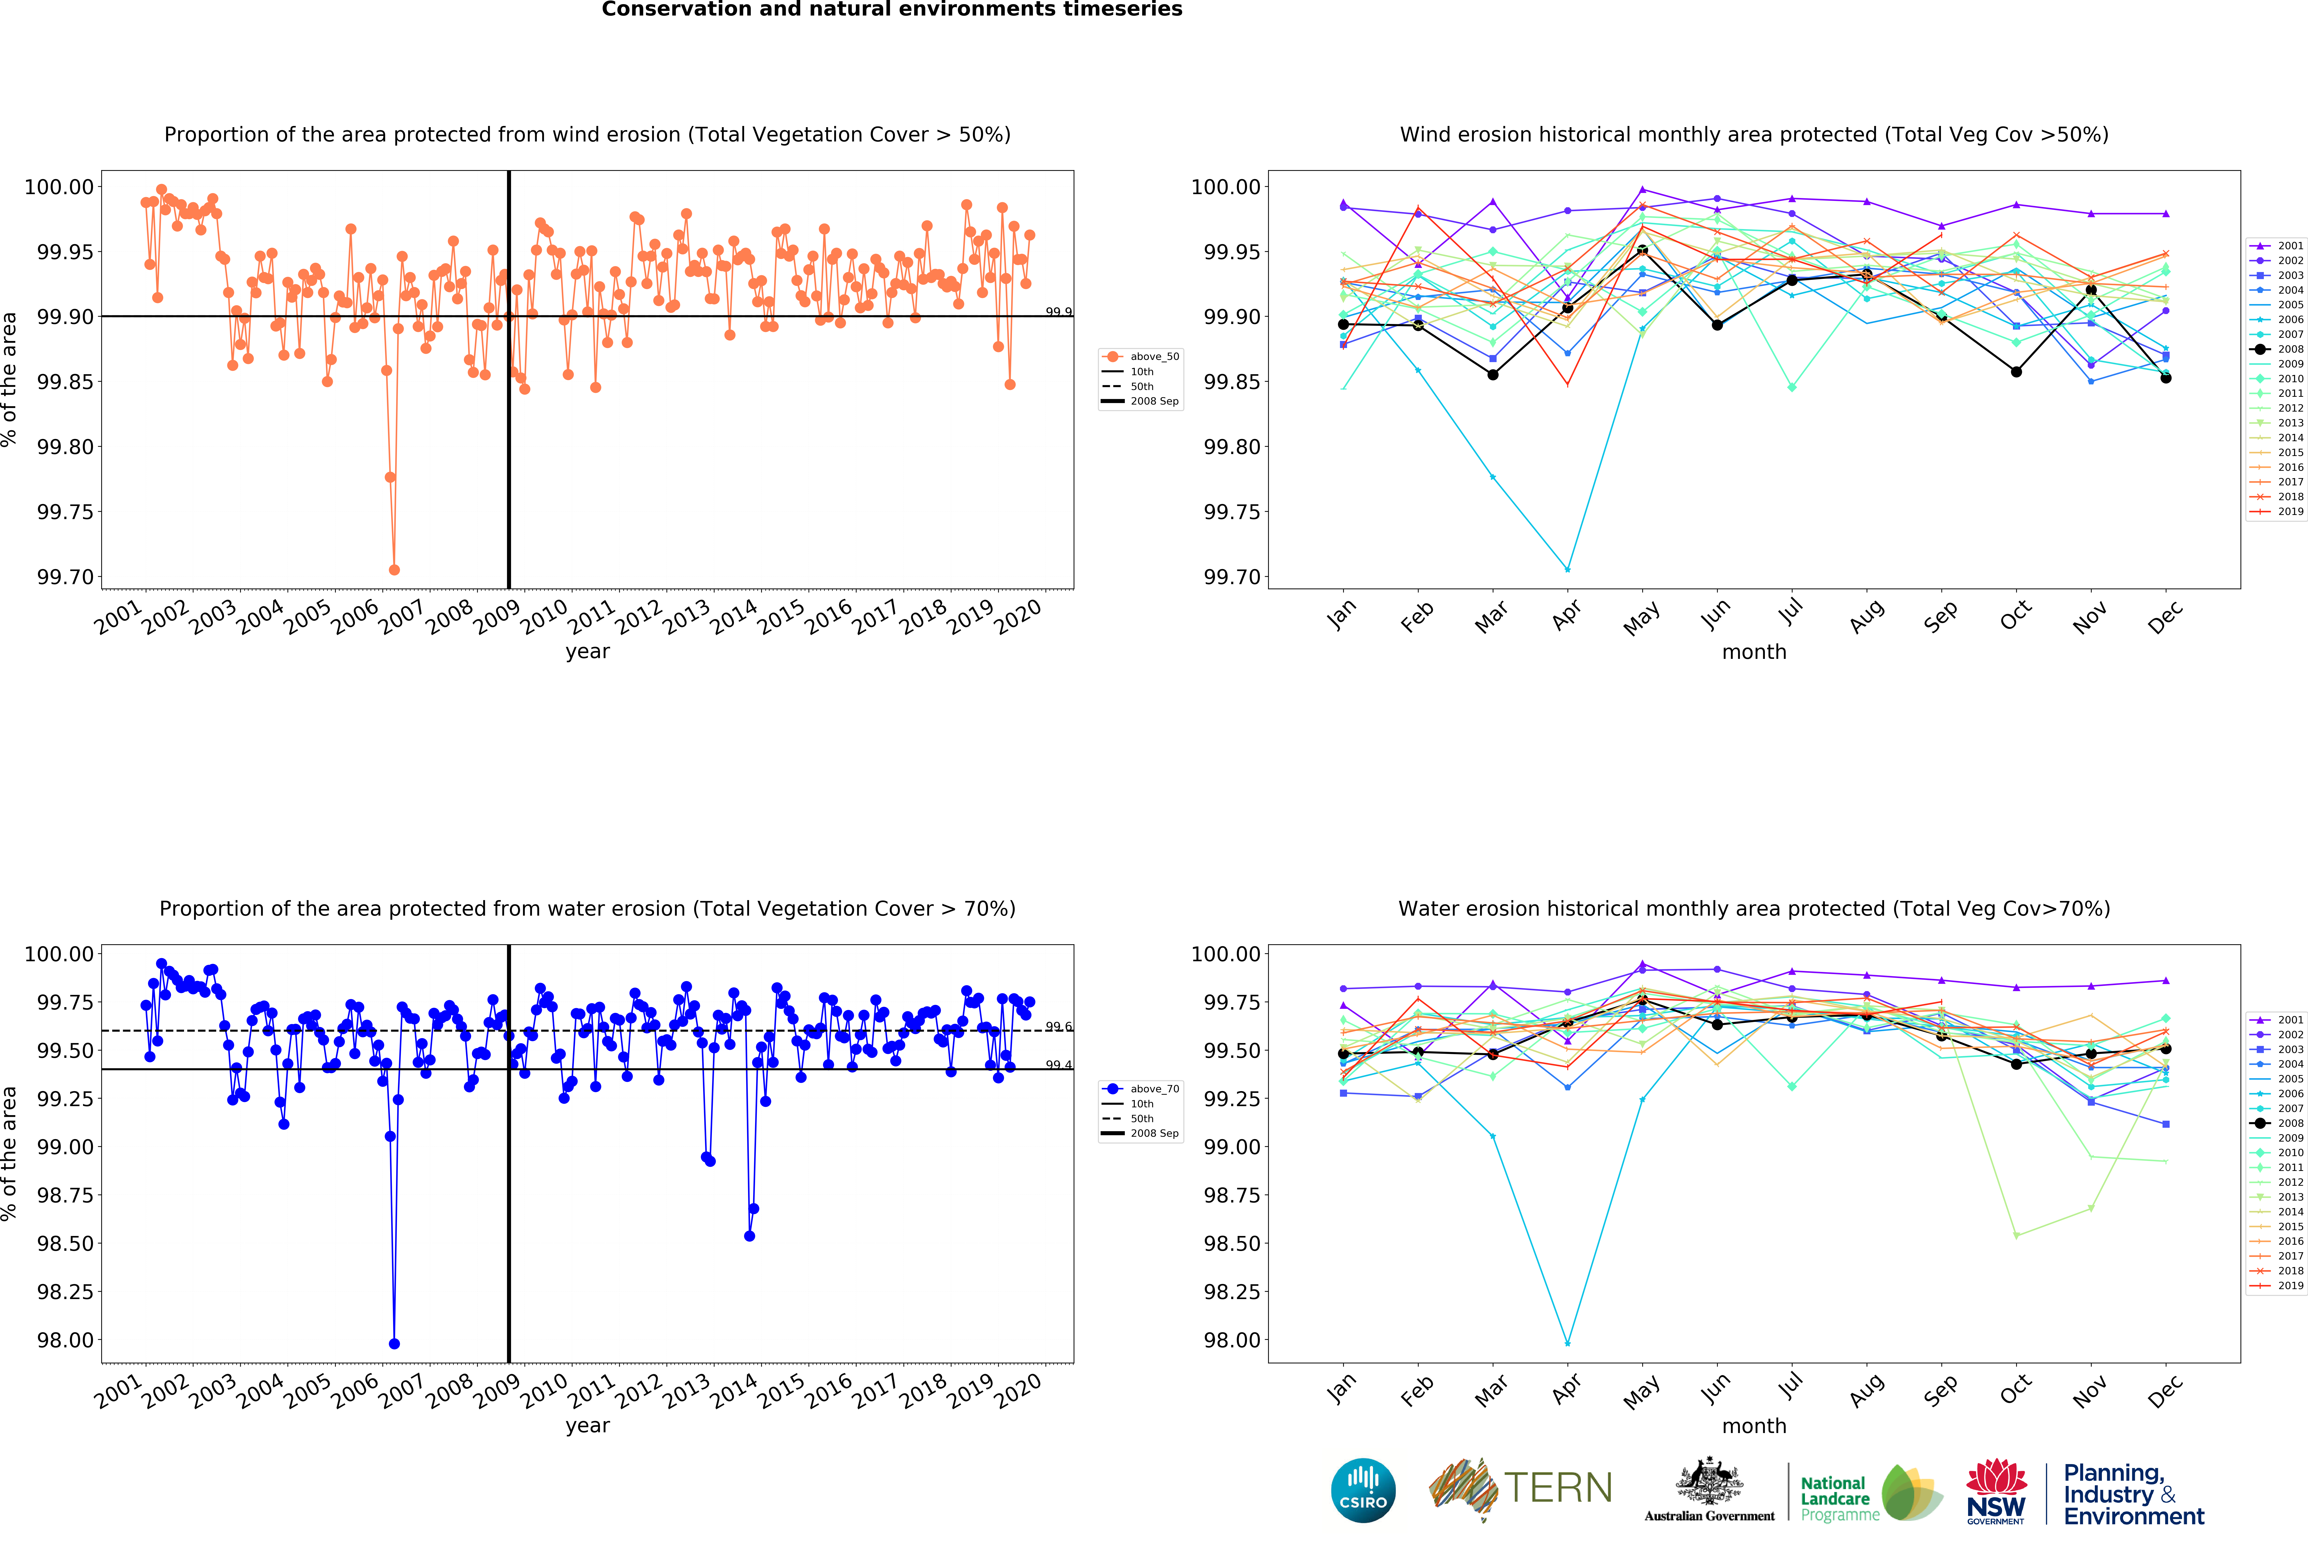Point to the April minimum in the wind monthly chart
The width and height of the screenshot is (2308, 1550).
point(1567,569)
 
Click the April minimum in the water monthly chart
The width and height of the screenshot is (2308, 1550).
point(1567,1343)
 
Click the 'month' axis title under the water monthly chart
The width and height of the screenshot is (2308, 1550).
point(1754,1426)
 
